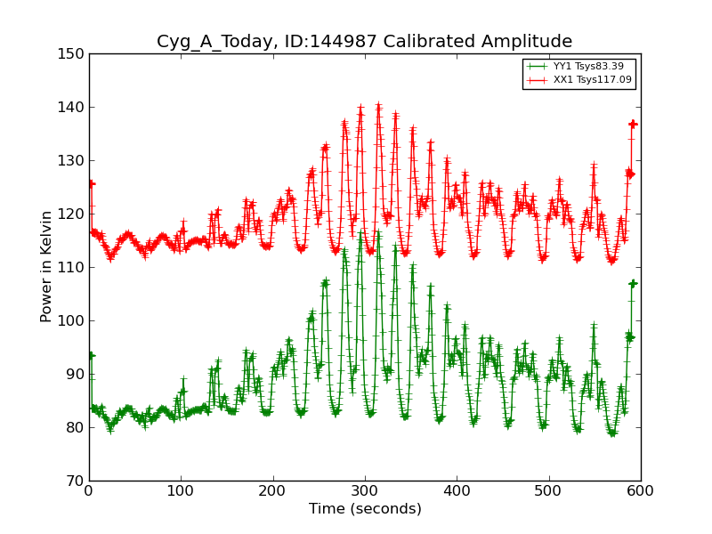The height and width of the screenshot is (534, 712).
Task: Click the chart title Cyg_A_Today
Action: coord(364,42)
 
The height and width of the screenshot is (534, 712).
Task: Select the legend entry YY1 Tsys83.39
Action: coord(587,66)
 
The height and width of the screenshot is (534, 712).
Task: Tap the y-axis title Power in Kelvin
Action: coord(46,267)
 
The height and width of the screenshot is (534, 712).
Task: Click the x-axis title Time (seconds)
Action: coord(365,509)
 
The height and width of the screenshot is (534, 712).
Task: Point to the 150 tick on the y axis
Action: coord(75,54)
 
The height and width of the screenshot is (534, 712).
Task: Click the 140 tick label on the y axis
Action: coord(75,108)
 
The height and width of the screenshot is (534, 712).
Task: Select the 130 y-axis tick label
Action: coord(75,161)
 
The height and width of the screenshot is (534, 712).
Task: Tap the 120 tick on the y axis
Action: coord(75,214)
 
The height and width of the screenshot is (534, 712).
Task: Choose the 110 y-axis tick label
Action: coord(75,268)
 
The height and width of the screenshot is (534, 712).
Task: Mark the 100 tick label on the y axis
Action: coord(75,321)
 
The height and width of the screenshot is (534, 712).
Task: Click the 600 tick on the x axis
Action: coord(640,490)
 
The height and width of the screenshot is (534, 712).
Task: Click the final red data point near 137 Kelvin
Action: coord(633,124)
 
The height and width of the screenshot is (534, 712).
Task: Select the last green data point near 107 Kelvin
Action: coord(633,283)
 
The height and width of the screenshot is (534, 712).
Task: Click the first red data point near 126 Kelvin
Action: coord(91,183)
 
